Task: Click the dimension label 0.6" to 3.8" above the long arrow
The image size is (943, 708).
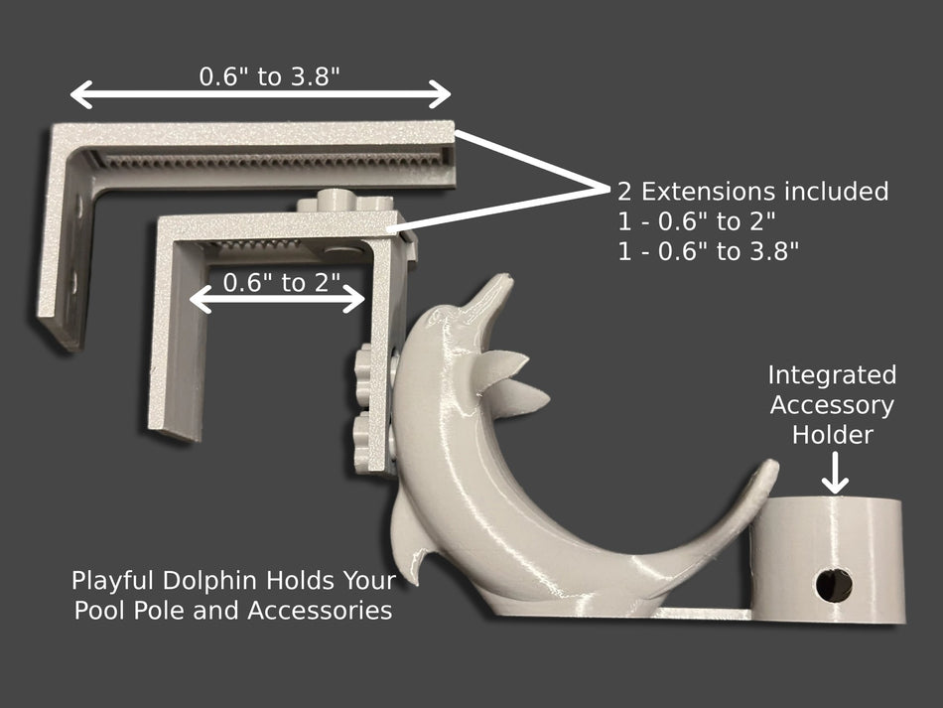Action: (269, 76)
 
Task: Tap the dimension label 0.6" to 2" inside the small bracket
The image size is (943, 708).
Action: (282, 282)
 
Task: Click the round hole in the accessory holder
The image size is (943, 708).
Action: (834, 585)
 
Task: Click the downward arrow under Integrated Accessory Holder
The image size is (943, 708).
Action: (836, 473)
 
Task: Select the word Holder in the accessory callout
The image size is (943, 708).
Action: (833, 435)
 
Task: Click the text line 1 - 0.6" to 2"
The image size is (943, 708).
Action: (697, 221)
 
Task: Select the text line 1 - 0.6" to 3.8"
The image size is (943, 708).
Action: (709, 251)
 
